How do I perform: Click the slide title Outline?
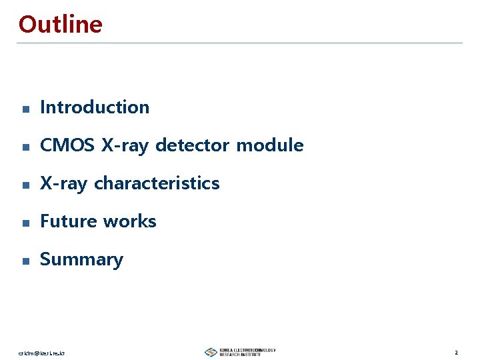61,25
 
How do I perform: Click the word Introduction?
95,107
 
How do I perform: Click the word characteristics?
157,183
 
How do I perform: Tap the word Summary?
81,260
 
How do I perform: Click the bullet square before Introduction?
25,109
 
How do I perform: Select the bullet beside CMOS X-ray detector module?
25,147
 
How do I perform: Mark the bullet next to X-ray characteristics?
25,185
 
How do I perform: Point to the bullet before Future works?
25,223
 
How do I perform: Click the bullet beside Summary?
25,261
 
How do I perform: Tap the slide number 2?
456,352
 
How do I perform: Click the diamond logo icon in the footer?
211,352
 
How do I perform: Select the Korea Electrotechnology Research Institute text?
247,352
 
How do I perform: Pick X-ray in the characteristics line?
64,183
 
